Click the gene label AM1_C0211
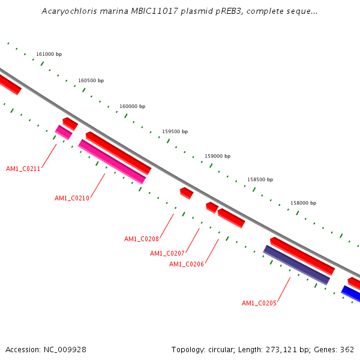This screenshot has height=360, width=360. click(23, 169)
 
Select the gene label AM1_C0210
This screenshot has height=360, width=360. click(71, 199)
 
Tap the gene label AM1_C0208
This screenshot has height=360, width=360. click(141, 239)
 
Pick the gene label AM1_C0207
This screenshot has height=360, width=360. click(167, 254)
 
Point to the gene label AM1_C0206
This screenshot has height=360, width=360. click(186, 265)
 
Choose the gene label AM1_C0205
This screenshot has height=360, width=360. click(259, 304)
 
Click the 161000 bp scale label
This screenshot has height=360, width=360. click(49, 55)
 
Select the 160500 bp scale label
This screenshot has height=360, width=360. click(91, 81)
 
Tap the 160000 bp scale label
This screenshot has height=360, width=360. click(132, 107)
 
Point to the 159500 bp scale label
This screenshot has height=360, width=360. click(175, 132)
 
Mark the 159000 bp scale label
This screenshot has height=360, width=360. click(217, 156)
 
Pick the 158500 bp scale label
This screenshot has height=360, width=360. click(260, 180)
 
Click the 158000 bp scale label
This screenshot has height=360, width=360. click(303, 203)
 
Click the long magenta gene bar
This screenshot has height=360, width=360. click(112, 162)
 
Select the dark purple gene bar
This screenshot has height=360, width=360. click(297, 265)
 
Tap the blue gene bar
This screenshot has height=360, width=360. click(352, 294)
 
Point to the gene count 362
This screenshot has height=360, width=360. click(347, 350)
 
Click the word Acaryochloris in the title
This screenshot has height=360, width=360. click(68, 11)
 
